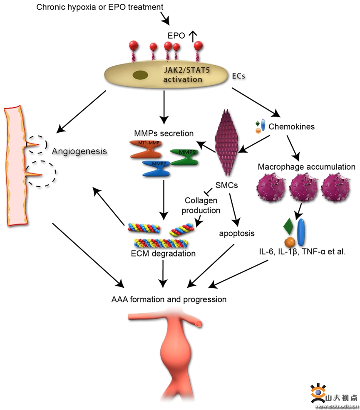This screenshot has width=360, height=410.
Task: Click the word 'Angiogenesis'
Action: tap(79, 151)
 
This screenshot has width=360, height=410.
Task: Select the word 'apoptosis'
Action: tap(237, 233)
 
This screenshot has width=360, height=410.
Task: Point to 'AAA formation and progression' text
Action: tap(169, 299)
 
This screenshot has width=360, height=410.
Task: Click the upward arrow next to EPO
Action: tap(192, 36)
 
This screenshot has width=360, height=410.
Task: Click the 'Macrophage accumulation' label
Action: tap(306, 167)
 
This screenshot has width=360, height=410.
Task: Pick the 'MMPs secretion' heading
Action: tap(164, 133)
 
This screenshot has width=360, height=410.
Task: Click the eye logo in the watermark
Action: tap(318, 392)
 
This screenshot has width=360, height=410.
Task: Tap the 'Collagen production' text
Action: tap(203, 206)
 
